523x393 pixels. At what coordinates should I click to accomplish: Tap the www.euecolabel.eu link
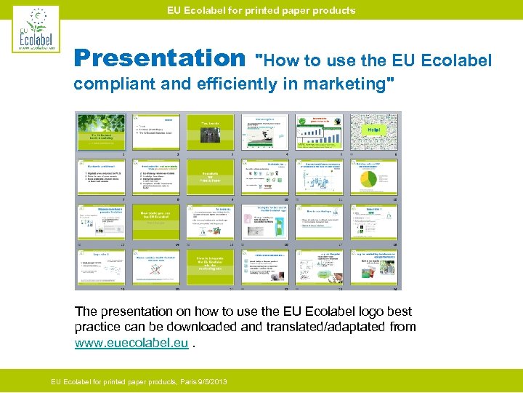(131, 343)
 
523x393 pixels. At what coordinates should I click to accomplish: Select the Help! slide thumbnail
(376, 132)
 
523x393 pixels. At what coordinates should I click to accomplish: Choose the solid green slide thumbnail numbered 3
(211, 132)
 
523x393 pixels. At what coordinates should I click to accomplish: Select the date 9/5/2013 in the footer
(209, 381)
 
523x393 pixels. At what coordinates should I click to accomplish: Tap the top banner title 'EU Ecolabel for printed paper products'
(261, 10)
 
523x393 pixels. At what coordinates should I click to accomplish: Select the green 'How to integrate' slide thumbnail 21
(211, 266)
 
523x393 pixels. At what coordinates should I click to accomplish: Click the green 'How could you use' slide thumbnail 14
(155, 221)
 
